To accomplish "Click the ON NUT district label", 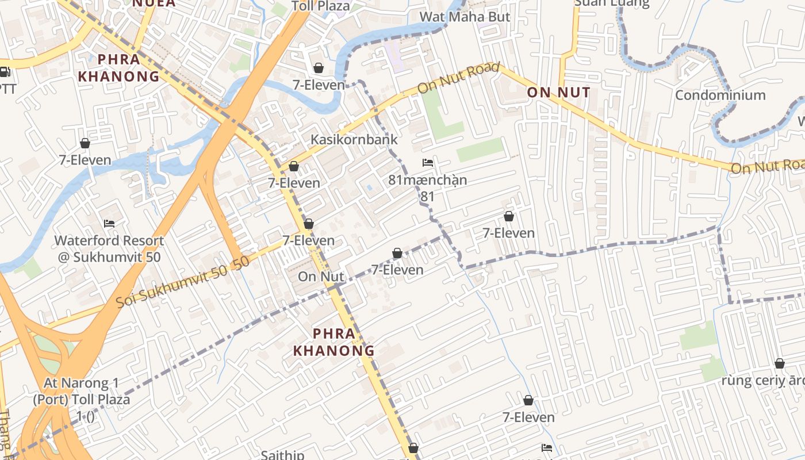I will [x=558, y=93].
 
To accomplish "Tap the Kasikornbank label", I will [x=354, y=139].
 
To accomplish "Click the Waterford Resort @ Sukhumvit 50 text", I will [x=109, y=248].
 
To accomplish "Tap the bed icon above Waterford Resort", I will [x=109, y=224].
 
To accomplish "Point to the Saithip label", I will [x=282, y=455].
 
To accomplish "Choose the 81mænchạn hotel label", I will [x=427, y=180].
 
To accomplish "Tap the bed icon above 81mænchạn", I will [x=427, y=163].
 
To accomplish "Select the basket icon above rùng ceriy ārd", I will [x=779, y=363].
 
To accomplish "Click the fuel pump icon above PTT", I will [x=5, y=72].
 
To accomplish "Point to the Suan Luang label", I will [x=612, y=3].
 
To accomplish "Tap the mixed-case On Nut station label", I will [x=321, y=277].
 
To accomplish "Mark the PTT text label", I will [x=7, y=89].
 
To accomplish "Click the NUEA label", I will [x=154, y=3].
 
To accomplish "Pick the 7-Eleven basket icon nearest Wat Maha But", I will [x=318, y=68].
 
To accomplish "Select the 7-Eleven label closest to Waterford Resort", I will [x=85, y=160].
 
